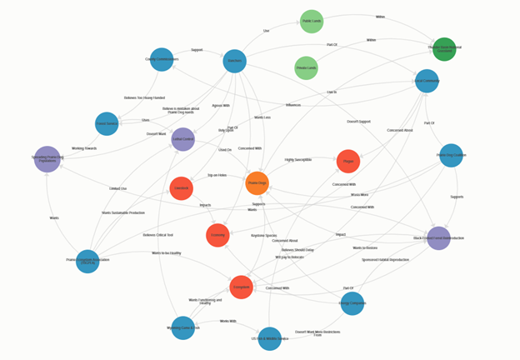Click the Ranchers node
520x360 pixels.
coord(235,61)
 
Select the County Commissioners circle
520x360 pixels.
coord(162,59)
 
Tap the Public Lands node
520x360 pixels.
coord(312,22)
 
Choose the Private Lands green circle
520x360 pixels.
coord(306,68)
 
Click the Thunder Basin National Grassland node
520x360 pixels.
coord(444,49)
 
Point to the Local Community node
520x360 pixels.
coord(427,81)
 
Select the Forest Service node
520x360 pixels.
coord(107,123)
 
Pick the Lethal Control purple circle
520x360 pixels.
coord(182,139)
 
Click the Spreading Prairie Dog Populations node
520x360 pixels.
coord(47,159)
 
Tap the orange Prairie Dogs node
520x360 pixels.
coord(257,183)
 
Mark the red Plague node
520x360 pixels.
coord(348,162)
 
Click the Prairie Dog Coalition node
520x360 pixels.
coord(451,155)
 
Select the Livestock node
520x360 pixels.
coord(181,188)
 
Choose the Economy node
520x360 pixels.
coord(217,235)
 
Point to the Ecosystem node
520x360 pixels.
coord(241,287)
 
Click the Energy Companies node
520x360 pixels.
coord(352,303)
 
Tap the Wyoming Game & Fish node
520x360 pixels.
coord(183,328)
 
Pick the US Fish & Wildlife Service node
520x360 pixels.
coord(270,338)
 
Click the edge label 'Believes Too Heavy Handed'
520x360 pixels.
coord(144,97)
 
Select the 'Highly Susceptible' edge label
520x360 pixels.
coord(297,159)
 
